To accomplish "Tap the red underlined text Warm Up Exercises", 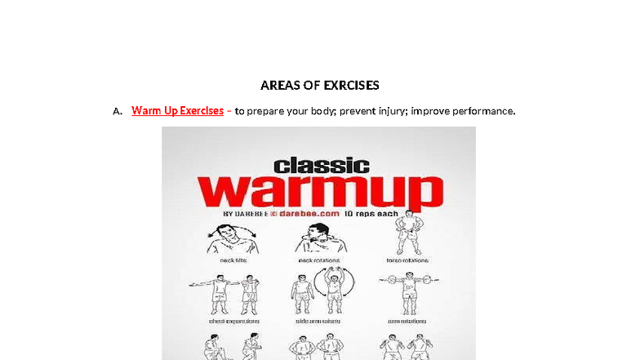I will (x=177, y=110).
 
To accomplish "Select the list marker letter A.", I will (x=118, y=111).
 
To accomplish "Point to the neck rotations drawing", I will (x=318, y=239).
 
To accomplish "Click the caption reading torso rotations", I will (x=407, y=260).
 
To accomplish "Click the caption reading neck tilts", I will (x=231, y=260).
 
